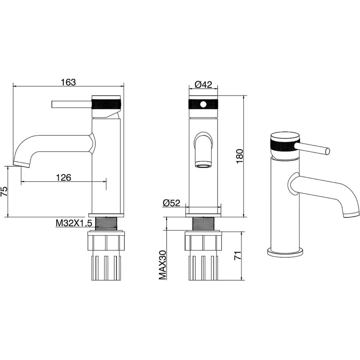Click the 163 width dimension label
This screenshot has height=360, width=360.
tap(68, 82)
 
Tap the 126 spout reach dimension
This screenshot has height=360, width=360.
tap(64, 177)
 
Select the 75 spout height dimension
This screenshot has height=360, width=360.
tap(4, 191)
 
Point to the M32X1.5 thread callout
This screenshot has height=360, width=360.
tap(74, 223)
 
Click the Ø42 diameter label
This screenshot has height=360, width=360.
tap(203, 85)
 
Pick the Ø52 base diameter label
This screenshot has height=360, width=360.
tap(171, 203)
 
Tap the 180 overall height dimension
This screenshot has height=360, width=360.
tap(239, 156)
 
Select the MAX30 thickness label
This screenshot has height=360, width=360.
tap(163, 265)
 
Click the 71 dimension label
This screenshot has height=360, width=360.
tap(238, 255)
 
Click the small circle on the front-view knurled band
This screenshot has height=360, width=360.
tap(203, 104)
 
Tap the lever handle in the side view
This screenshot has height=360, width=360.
tap(72, 104)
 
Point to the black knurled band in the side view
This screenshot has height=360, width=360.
tap(106, 104)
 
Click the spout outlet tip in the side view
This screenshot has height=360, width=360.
tap(22, 164)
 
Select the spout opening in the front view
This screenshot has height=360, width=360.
tap(203, 166)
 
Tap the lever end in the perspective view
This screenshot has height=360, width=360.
tap(327, 151)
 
